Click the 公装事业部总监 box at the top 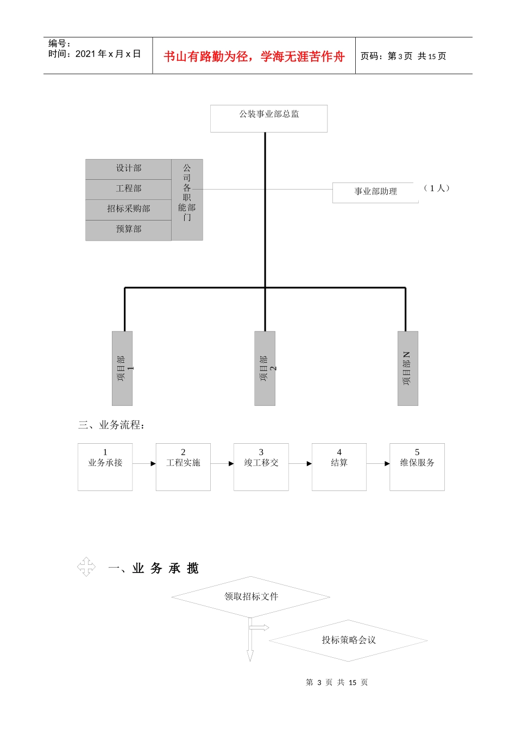pyautogui.click(x=269, y=118)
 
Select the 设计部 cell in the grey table pyautogui.click(x=129, y=169)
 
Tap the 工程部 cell pyautogui.click(x=129, y=189)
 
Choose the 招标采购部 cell pyautogui.click(x=129, y=209)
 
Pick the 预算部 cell pyautogui.click(x=129, y=230)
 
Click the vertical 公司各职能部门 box pyautogui.click(x=187, y=200)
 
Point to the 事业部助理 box pyautogui.click(x=375, y=192)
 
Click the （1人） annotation pyautogui.click(x=437, y=188)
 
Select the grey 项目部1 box pyautogui.click(x=122, y=368)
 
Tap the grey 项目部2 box pyautogui.click(x=265, y=368)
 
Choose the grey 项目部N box pyautogui.click(x=408, y=368)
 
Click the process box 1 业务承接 pyautogui.click(x=105, y=467)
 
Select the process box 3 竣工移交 pyautogui.click(x=261, y=467)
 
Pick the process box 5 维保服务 pyautogui.click(x=417, y=467)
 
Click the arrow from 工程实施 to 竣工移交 pyautogui.click(x=222, y=464)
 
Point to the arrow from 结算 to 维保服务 pyautogui.click(x=378, y=464)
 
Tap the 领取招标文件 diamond pyautogui.click(x=251, y=597)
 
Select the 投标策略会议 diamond pyautogui.click(x=349, y=640)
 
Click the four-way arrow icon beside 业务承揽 pyautogui.click(x=86, y=567)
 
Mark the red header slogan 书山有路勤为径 pyautogui.click(x=254, y=56)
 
